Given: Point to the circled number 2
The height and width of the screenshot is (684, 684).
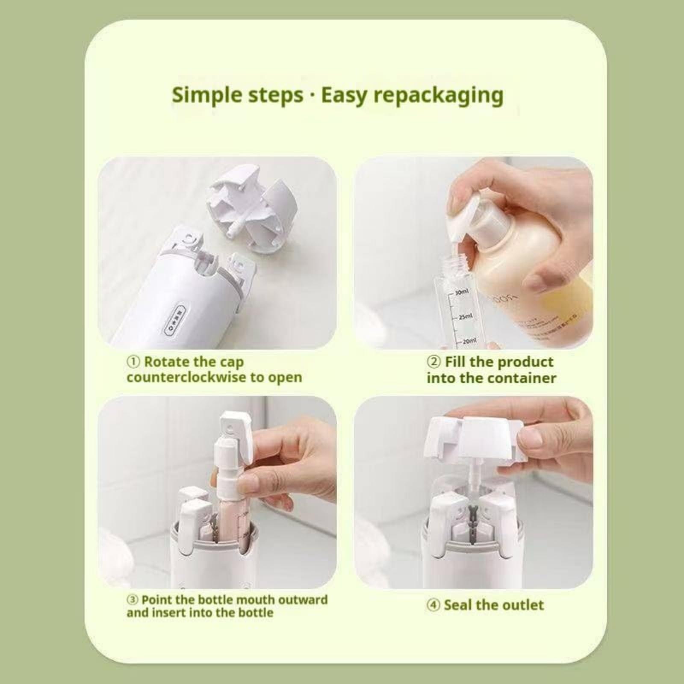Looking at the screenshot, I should (x=433, y=362).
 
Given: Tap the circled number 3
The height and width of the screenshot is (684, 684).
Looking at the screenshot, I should (x=133, y=600).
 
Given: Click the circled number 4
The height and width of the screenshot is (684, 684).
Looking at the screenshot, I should (x=433, y=605).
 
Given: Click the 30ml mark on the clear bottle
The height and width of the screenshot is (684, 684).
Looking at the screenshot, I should (x=462, y=292).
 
